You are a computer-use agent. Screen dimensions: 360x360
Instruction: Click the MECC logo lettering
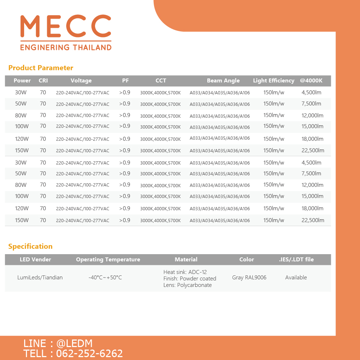pyautogui.click(x=66, y=26)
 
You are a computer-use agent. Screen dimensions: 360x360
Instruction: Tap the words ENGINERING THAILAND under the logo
pyautogui.click(x=66, y=48)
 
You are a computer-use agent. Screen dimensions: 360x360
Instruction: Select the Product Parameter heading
pyautogui.click(x=41, y=68)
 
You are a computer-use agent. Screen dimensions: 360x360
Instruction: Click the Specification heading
pyautogui.click(x=30, y=246)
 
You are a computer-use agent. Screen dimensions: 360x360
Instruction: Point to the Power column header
pyautogui.click(x=22, y=81)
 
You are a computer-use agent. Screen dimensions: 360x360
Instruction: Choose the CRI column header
pyautogui.click(x=43, y=81)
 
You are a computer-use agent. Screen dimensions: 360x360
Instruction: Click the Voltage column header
pyautogui.click(x=81, y=81)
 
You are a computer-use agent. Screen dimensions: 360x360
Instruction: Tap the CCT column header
pyautogui.click(x=161, y=81)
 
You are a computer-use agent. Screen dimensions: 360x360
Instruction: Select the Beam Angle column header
pyautogui.click(x=223, y=81)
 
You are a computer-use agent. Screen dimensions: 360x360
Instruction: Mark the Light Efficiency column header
pyautogui.click(x=274, y=81)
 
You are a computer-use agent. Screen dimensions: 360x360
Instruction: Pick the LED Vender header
pyautogui.click(x=35, y=259)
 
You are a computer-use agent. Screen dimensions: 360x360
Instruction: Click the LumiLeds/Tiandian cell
pyautogui.click(x=40, y=278)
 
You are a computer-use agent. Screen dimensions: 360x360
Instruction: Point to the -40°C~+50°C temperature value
pyautogui.click(x=105, y=278)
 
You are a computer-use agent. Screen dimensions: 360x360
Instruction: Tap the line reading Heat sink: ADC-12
pyautogui.click(x=185, y=272)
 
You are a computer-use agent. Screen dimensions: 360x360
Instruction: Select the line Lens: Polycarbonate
pyautogui.click(x=187, y=285)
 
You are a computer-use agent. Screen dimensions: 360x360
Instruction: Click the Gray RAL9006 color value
pyautogui.click(x=249, y=278)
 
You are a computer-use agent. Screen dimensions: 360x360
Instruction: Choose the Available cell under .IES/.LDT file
pyautogui.click(x=296, y=278)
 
